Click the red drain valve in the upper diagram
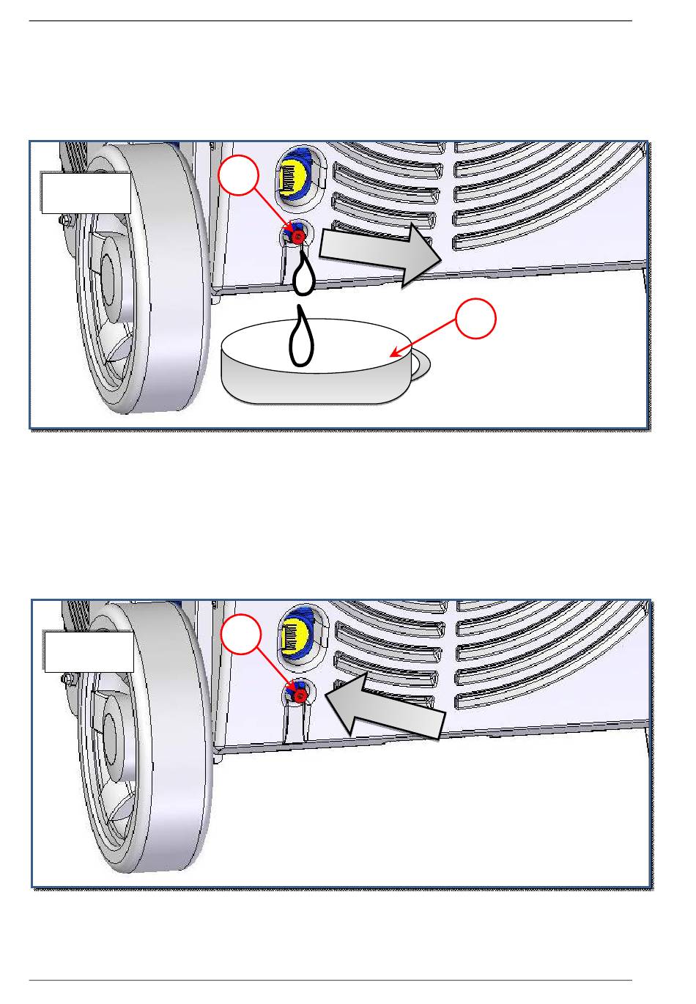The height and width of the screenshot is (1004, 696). (x=298, y=237)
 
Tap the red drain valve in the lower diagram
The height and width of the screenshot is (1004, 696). (x=299, y=690)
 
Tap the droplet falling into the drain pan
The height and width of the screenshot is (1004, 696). (x=300, y=337)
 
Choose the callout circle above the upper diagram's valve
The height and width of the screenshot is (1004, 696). (x=240, y=177)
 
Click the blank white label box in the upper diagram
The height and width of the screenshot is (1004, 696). (x=86, y=193)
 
